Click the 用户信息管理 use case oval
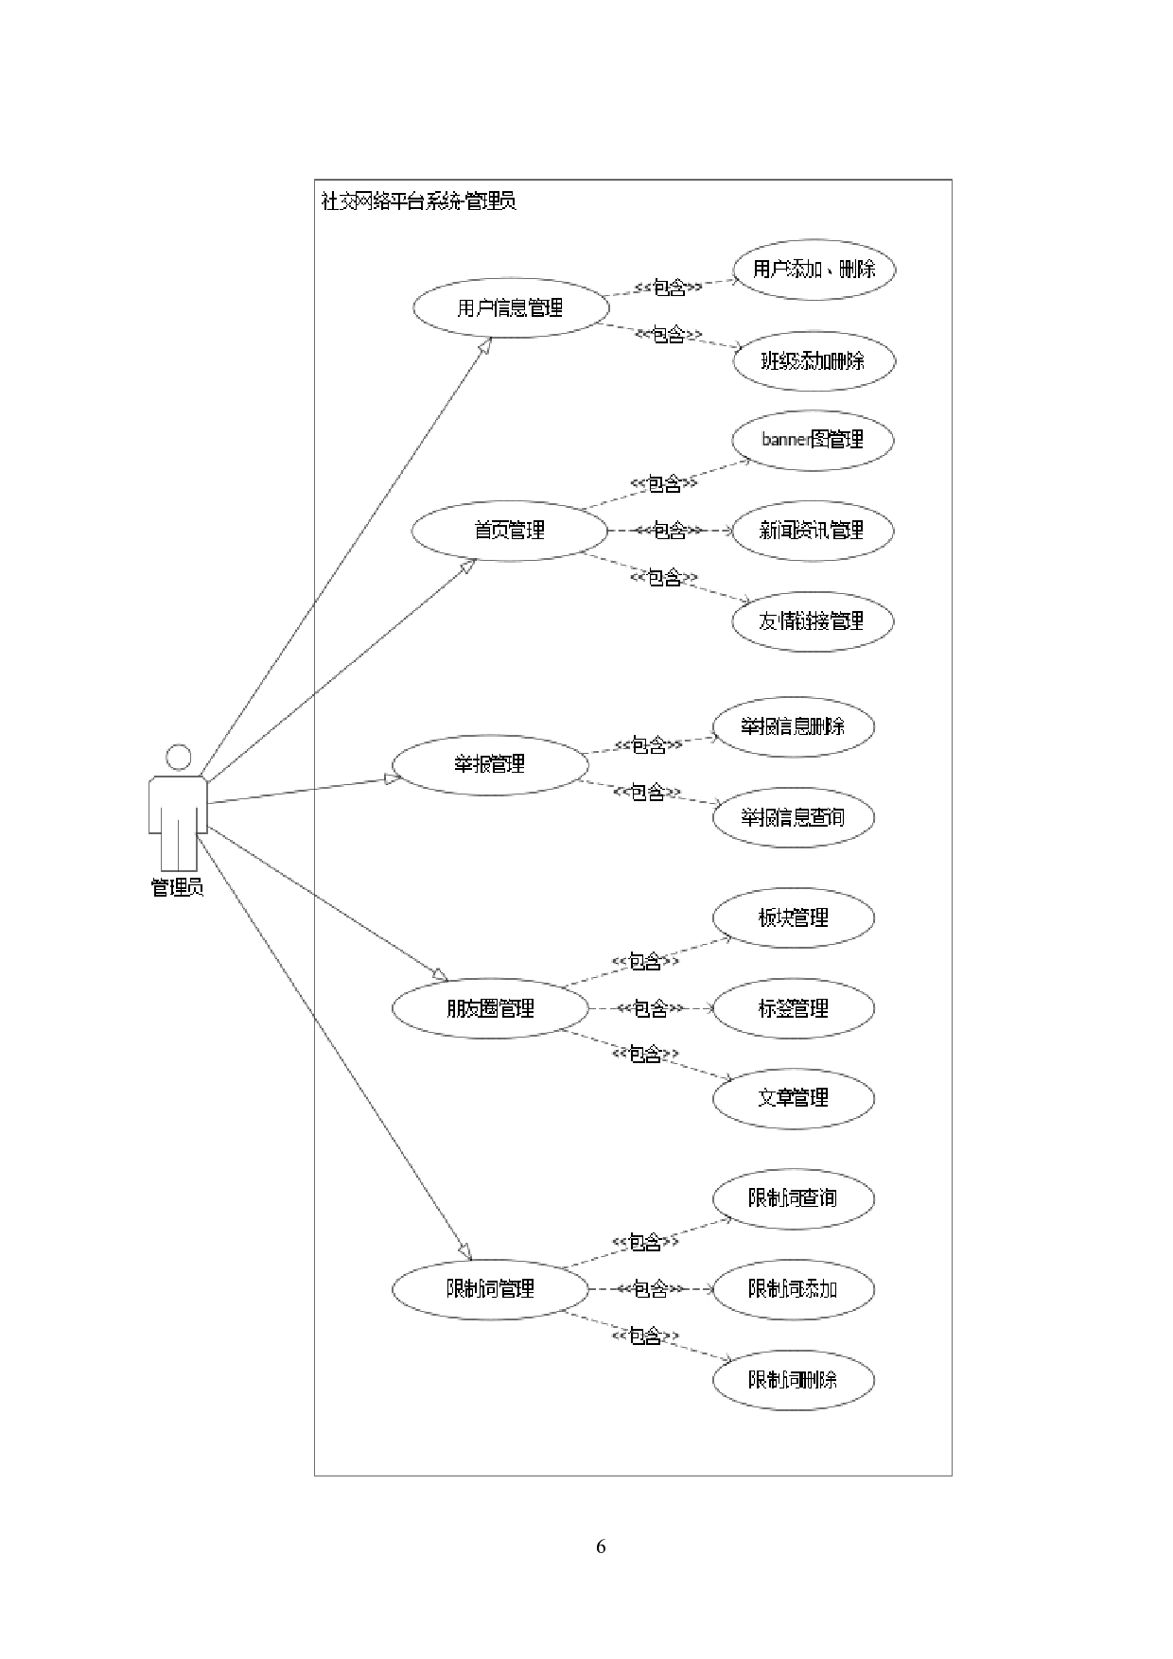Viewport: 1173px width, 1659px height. point(509,307)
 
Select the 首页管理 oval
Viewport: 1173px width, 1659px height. point(509,530)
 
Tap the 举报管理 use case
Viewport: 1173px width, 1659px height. point(490,764)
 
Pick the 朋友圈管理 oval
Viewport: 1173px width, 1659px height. point(490,1008)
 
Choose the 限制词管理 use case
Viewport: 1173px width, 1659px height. point(490,1288)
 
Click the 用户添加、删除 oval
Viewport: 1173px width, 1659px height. point(814,270)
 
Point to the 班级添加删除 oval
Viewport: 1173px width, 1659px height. point(814,360)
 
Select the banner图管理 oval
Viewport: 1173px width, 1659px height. point(813,440)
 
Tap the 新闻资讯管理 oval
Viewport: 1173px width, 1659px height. point(813,530)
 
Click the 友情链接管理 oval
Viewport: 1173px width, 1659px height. point(813,621)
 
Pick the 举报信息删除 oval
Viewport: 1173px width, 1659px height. point(793,726)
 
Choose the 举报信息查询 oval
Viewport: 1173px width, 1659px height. point(793,817)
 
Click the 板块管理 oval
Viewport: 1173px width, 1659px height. point(793,917)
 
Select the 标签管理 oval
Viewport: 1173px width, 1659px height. point(793,1008)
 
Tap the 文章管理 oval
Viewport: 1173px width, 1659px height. point(793,1098)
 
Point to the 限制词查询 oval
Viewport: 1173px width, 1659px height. point(793,1198)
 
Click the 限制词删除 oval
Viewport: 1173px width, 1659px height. point(793,1379)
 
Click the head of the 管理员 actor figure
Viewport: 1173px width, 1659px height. point(178,758)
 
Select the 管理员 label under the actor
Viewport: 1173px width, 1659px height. point(178,887)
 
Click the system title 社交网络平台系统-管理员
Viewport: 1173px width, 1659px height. point(419,201)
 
